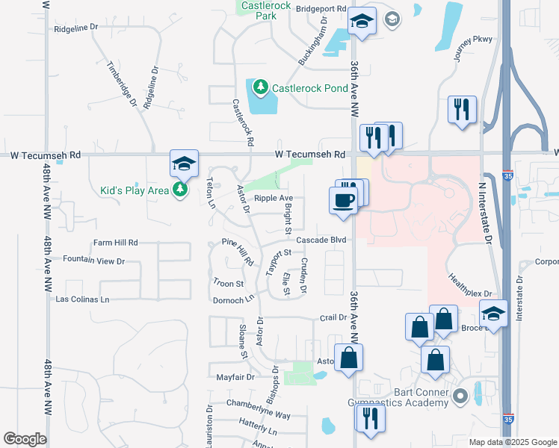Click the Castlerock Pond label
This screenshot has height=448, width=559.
309,88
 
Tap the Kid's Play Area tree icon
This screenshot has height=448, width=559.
180,190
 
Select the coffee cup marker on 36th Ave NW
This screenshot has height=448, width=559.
344,201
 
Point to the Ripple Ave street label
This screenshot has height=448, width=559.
274,199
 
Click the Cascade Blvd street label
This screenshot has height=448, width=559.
321,240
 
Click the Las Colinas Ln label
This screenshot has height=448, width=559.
83,299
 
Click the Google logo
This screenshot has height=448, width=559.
25,439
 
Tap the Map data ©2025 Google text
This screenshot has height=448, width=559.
512,442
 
